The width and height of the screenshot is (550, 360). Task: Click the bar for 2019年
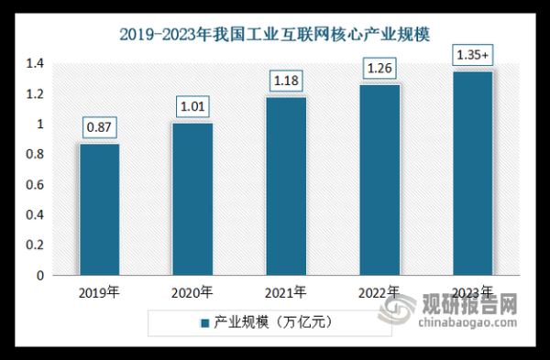(99, 209)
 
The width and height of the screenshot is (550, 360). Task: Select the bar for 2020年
(192, 199)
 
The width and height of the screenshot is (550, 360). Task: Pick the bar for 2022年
(379, 180)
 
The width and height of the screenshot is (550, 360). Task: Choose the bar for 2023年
(473, 173)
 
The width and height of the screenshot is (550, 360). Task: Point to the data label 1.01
(192, 107)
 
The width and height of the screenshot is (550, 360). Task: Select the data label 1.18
(286, 82)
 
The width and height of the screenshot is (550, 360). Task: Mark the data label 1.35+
(473, 56)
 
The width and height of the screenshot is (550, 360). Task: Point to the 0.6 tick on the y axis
(36, 185)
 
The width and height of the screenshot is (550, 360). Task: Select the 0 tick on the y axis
(40, 275)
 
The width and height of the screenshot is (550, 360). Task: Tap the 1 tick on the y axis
(40, 125)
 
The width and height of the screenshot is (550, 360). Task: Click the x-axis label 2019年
(99, 293)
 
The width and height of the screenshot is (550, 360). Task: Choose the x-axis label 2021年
(286, 293)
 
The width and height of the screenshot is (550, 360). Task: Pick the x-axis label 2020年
(192, 293)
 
